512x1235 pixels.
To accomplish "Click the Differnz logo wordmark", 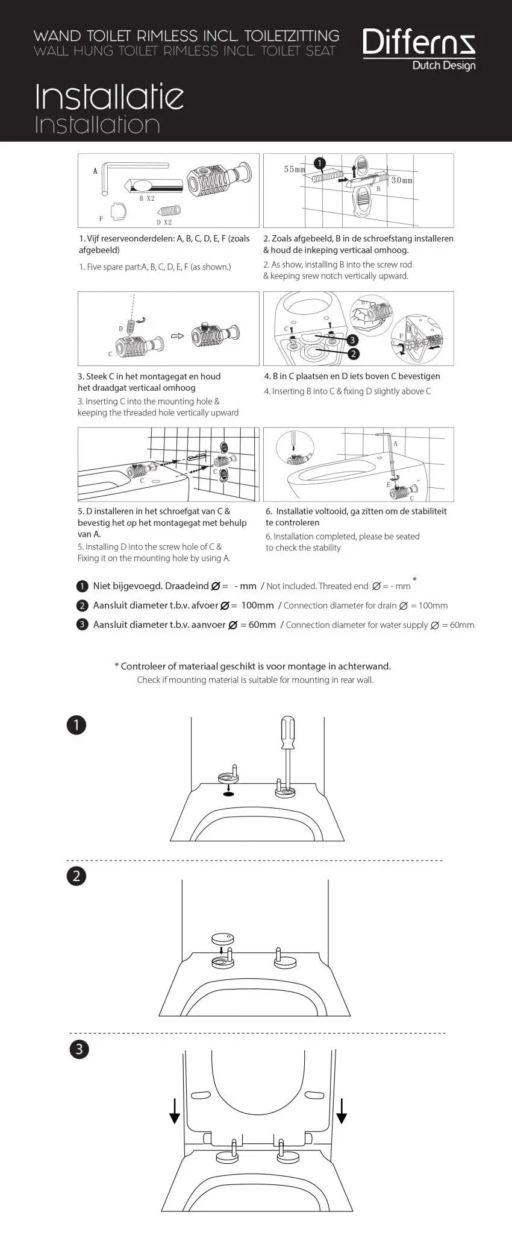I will (419, 43).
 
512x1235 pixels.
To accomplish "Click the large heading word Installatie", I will (109, 96).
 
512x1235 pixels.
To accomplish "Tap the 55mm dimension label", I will (295, 169).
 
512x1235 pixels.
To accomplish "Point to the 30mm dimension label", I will (402, 180).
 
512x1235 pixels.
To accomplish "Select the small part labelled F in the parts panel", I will (120, 210).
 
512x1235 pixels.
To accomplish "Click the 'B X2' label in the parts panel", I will (147, 198).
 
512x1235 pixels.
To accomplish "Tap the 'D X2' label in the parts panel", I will (164, 223).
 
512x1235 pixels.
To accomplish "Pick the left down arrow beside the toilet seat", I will (175, 1110).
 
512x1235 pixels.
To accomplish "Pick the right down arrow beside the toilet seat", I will (342, 1110).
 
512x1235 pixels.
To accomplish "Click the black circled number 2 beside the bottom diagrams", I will (76, 876).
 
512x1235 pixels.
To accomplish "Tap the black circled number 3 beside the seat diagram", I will (78, 1050).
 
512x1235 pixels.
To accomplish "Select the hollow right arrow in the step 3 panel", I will (176, 336).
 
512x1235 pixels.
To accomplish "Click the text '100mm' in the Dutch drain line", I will (257, 605).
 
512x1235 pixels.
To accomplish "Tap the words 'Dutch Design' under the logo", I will (443, 66).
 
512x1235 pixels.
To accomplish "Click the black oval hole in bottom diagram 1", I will (228, 794).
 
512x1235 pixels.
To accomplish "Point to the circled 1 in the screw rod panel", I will (320, 163).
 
